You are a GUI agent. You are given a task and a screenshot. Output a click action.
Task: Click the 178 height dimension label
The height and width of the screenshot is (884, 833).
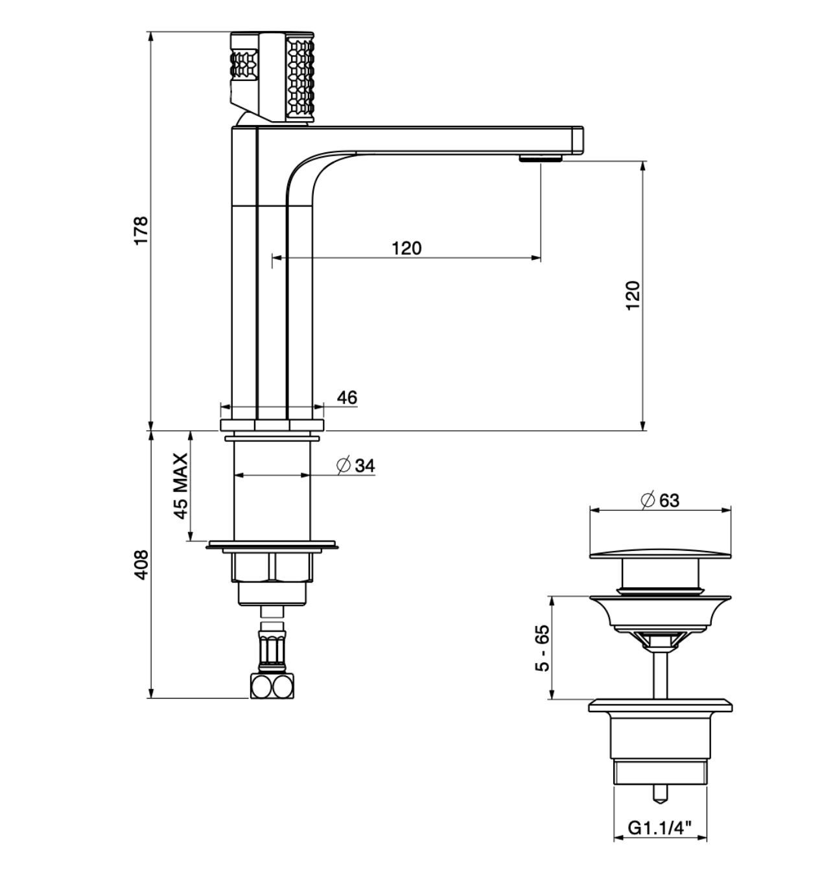coord(141,230)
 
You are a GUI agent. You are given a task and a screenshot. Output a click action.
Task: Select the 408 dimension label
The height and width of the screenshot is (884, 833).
coord(141,564)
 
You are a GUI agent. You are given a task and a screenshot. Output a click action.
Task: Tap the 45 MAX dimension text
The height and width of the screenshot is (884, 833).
coord(181,486)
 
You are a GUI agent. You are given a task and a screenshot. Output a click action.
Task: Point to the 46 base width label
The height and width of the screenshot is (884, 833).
coord(347,397)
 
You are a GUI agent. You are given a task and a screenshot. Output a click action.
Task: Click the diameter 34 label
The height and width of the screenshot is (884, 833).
coord(357,465)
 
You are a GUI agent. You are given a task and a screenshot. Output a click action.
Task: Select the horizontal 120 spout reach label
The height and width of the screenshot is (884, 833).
coord(406,248)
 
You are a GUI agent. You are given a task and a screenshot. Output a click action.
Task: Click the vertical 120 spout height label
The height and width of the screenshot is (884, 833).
coord(633,295)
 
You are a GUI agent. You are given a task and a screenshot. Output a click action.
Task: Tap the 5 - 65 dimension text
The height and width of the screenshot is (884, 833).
coord(542,648)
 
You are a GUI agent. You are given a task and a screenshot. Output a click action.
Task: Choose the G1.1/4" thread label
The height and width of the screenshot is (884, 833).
coord(659,828)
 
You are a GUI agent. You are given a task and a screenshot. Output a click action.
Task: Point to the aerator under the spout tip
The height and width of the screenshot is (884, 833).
coord(541,158)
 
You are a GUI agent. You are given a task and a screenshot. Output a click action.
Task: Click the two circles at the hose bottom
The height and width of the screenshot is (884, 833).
coord(272,686)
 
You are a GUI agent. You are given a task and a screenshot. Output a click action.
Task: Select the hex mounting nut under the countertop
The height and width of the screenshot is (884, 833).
coord(272,566)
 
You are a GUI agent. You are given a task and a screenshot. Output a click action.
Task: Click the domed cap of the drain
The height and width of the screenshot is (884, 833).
coord(661,552)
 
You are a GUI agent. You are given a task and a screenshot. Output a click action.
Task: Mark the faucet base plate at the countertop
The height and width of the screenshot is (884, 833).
coord(272,425)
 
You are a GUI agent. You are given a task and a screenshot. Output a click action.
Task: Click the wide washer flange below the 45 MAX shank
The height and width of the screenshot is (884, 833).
coord(272,545)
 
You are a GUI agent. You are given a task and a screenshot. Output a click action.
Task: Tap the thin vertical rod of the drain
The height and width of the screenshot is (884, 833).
coord(660,674)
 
